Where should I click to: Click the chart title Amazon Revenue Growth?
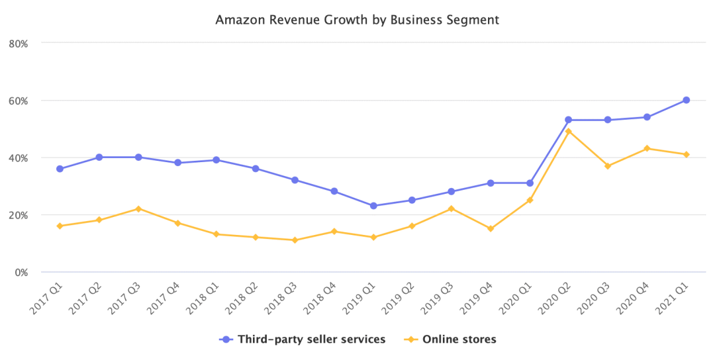click(357, 20)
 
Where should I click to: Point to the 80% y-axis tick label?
click(17, 43)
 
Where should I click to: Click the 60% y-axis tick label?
click(17, 101)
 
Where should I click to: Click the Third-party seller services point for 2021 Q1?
click(687, 100)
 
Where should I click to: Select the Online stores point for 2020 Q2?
click(569, 131)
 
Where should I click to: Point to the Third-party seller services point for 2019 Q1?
click(373, 206)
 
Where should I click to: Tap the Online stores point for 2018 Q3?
click(295, 240)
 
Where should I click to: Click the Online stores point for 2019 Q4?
click(491, 229)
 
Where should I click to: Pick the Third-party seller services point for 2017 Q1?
click(60, 169)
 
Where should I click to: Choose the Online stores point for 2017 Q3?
click(138, 209)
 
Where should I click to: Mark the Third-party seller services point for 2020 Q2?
click(569, 120)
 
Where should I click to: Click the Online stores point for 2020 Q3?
click(608, 166)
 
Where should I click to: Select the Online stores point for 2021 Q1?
click(687, 154)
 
